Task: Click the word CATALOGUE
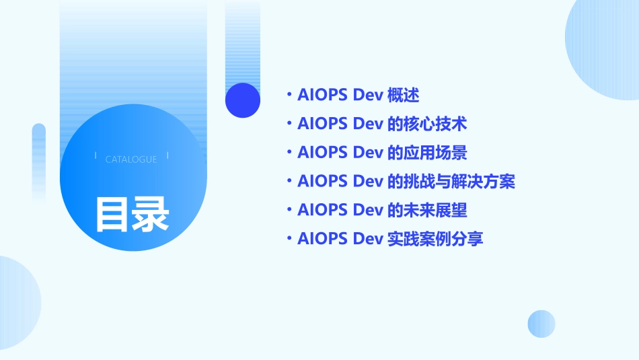[131, 159]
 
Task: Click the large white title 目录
[132, 214]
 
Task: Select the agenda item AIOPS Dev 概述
[358, 96]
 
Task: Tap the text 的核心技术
[428, 124]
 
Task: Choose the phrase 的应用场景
[428, 153]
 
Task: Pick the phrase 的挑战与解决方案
[451, 182]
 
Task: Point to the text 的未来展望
[428, 211]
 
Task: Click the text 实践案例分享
[436, 239]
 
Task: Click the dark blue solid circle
[243, 100]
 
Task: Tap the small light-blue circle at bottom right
[541, 324]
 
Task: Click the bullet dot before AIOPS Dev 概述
[289, 96]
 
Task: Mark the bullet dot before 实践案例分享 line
[289, 239]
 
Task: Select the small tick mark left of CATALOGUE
[96, 156]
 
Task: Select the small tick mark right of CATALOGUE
[167, 156]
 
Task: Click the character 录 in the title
[151, 214]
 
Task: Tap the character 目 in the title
[112, 214]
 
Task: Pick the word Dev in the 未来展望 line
[368, 211]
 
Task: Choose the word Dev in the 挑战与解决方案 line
[368, 182]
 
